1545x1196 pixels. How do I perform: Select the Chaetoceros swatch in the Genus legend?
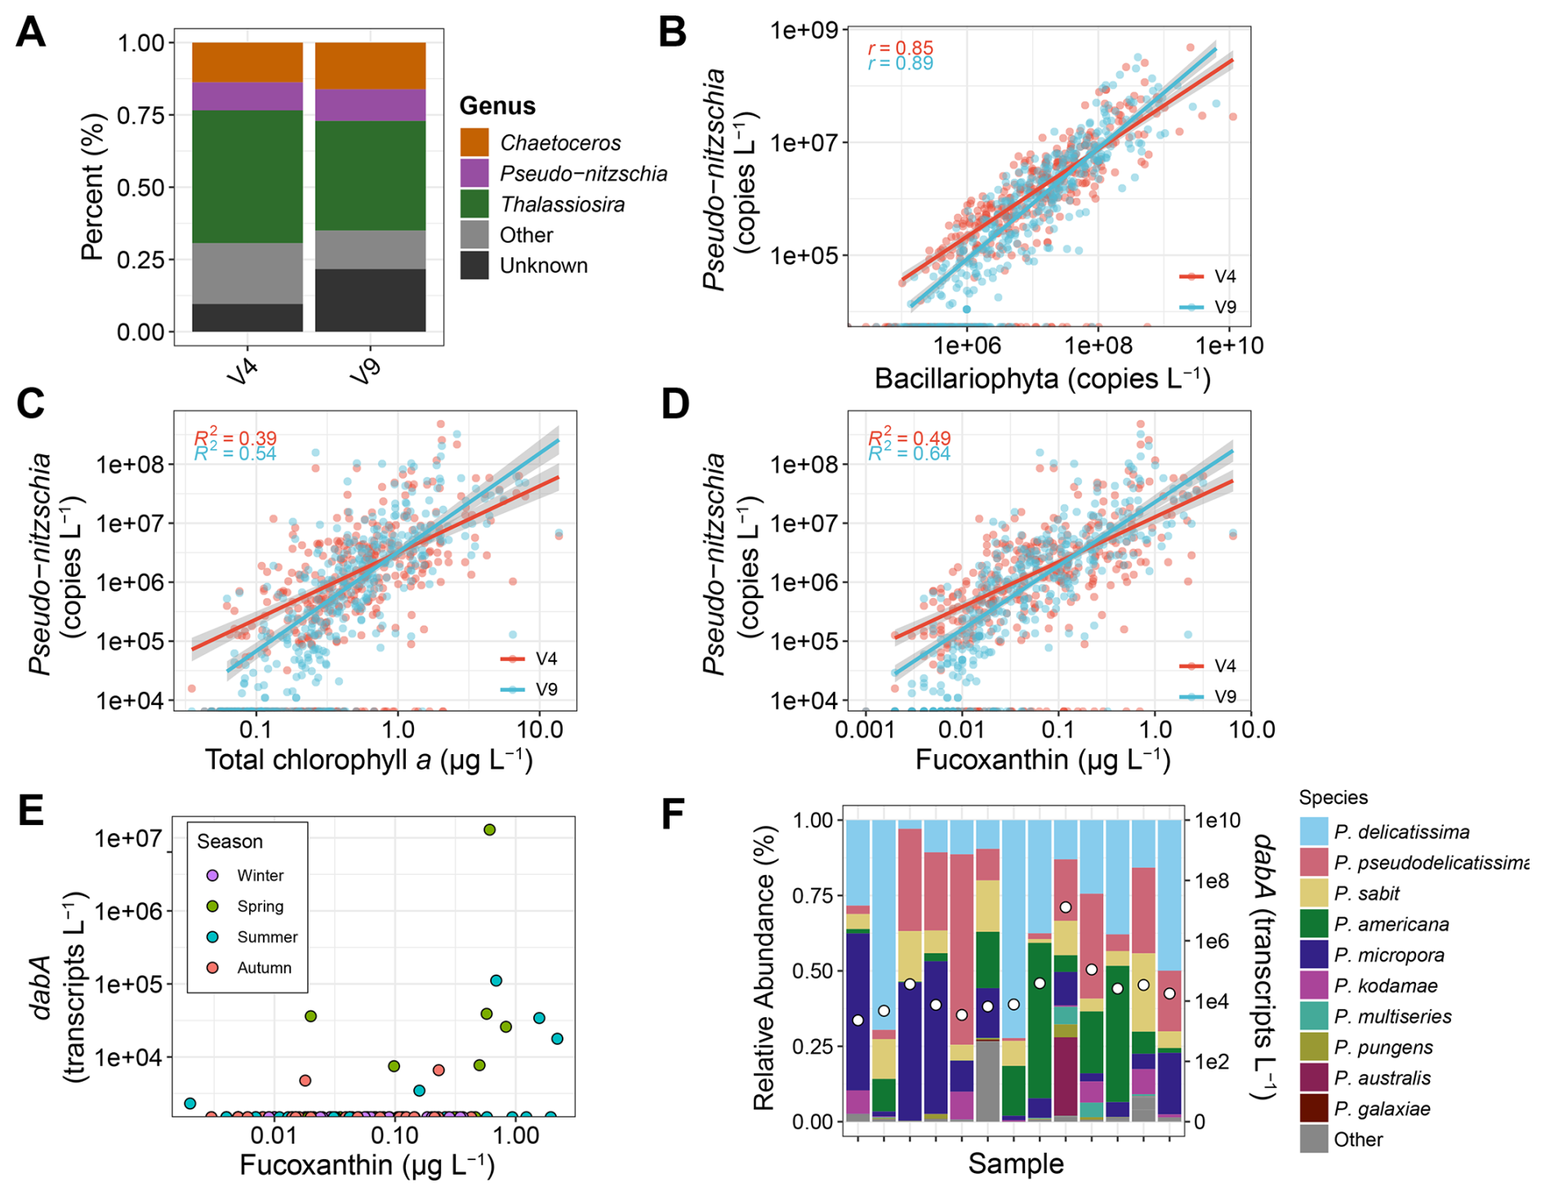(474, 142)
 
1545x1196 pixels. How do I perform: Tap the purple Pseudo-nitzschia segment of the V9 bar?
(370, 105)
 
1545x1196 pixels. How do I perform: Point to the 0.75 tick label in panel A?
(140, 115)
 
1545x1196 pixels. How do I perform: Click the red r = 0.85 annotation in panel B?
(900, 48)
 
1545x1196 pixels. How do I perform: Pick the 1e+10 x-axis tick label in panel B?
(1229, 346)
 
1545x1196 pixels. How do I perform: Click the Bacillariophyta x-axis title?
(1042, 379)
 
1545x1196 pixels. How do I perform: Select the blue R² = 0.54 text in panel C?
(235, 453)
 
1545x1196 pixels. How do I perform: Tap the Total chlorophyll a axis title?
(368, 761)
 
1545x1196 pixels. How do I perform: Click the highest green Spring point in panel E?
(490, 830)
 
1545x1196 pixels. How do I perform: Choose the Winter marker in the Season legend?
(213, 875)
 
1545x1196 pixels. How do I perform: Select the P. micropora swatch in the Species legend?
(1314, 955)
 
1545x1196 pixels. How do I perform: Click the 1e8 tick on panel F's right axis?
(1212, 881)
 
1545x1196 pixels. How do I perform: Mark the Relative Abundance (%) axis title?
(764, 969)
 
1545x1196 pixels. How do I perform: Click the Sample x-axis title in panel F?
(1016, 1163)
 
